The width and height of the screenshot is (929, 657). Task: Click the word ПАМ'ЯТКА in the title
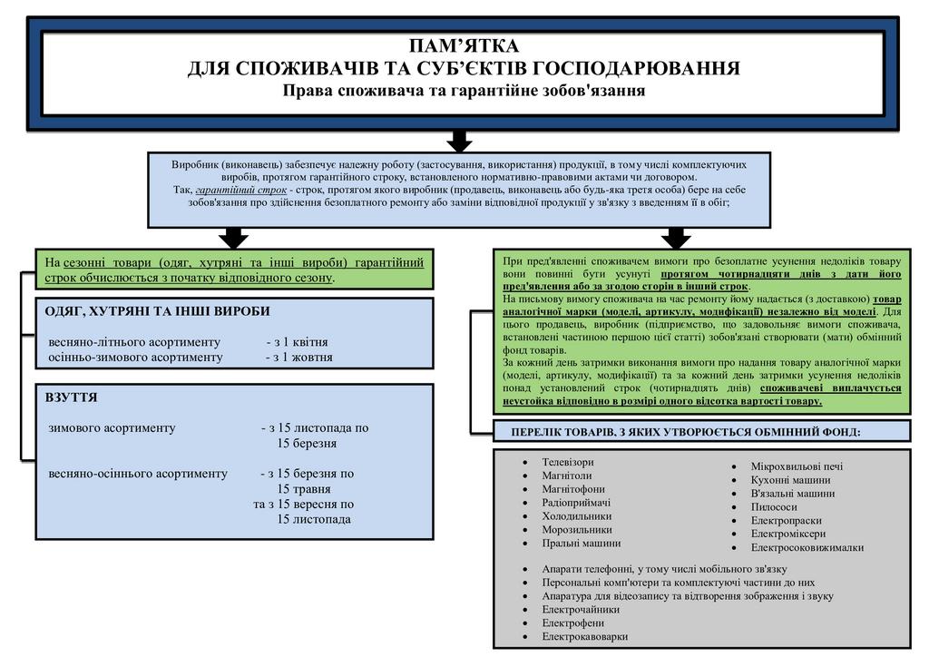coord(463,46)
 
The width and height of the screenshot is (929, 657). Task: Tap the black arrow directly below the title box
coord(460,141)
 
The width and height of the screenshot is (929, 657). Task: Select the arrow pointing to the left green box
coord(234,238)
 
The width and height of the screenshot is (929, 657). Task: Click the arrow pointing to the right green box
coord(676,238)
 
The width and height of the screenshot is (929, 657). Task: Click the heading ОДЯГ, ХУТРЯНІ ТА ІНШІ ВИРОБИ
coord(157,311)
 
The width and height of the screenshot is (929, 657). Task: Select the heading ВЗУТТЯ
coord(71,397)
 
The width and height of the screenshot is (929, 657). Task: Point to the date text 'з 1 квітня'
coord(297,342)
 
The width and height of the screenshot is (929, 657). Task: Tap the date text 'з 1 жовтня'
coord(298,357)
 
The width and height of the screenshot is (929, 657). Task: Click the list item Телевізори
coord(568,462)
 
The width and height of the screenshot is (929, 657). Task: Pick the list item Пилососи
coord(774,507)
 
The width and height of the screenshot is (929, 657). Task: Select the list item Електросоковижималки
coord(807,547)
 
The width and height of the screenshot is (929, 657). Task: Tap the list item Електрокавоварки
coord(584,636)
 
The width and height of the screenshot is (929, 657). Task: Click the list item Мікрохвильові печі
coord(797,466)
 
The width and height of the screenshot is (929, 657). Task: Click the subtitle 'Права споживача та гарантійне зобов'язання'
coord(463,90)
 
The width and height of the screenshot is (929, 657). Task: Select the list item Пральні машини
coord(582,543)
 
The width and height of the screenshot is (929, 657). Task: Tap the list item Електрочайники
coord(581,610)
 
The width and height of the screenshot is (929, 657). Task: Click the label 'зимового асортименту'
coord(112,427)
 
